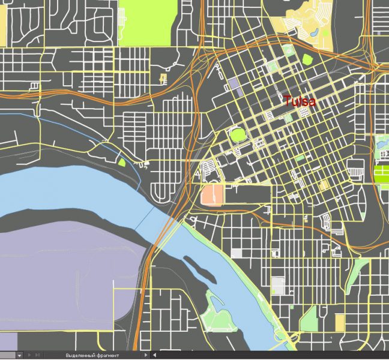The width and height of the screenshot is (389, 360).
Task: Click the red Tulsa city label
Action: [300, 101]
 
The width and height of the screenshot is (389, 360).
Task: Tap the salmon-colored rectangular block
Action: [212, 194]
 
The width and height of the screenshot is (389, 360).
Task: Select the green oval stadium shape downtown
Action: [238, 134]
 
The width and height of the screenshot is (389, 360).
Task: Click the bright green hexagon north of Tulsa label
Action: [308, 59]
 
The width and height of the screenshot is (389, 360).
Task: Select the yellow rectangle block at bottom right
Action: [340, 322]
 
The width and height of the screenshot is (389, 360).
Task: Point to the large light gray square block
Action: [278, 285]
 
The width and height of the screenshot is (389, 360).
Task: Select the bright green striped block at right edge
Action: [381, 174]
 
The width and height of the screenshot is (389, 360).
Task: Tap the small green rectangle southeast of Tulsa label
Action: [300, 158]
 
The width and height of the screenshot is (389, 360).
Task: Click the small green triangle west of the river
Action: [122, 161]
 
